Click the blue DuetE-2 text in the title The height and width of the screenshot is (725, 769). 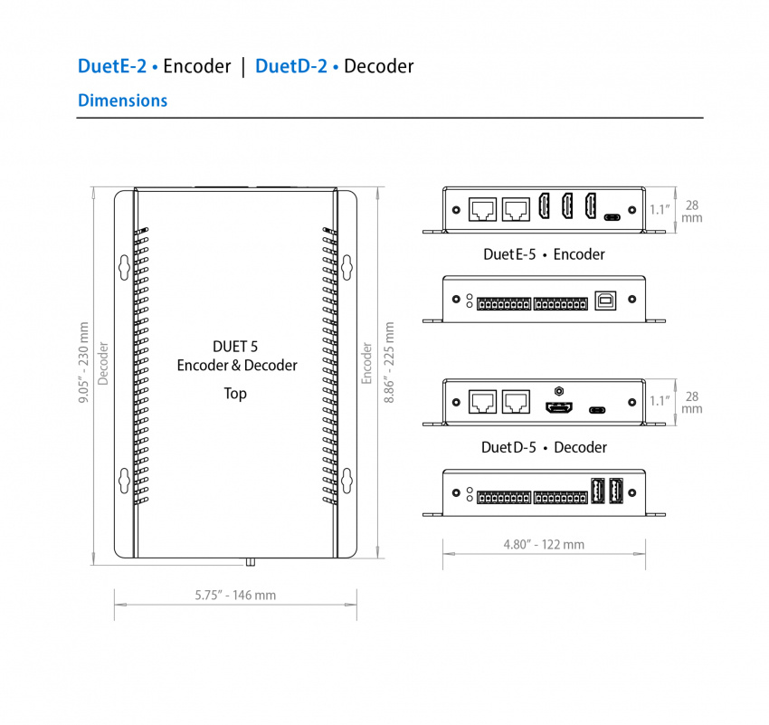point(112,66)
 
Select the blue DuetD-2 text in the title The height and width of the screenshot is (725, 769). point(290,66)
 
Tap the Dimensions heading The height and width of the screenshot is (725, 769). point(122,100)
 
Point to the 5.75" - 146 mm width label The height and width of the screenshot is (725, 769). point(235,595)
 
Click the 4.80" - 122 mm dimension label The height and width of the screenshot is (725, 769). point(544,544)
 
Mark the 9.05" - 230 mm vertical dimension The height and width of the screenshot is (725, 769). point(84,376)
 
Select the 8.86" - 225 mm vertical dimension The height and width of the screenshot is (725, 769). point(389,376)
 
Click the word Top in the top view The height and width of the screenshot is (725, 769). point(235,394)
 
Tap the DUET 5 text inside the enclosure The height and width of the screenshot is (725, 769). point(236,346)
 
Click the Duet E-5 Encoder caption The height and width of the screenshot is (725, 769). point(544,254)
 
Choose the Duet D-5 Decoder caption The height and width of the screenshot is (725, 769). point(544,447)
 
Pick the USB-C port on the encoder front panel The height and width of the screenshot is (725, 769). point(612,217)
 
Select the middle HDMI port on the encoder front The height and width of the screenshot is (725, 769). point(567,207)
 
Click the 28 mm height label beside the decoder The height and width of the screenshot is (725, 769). point(692,403)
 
